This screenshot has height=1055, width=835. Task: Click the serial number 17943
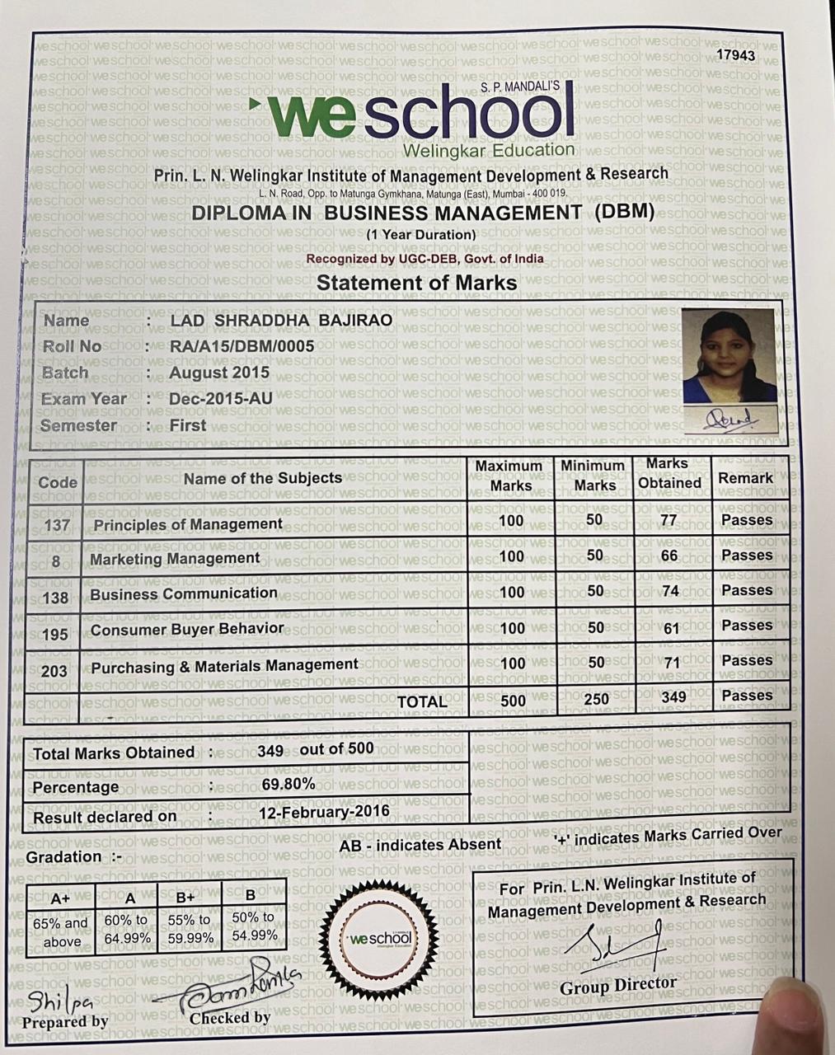(x=735, y=55)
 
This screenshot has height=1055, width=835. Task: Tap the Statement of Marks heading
(x=417, y=283)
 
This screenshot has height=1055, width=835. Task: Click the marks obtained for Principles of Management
(x=668, y=520)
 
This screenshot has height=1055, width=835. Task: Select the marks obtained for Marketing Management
(x=669, y=556)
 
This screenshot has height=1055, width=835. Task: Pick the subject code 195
(x=54, y=633)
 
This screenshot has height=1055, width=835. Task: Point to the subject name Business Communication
(x=184, y=593)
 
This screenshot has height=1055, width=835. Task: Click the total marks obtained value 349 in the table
(x=673, y=697)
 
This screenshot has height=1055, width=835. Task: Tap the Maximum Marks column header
(x=509, y=476)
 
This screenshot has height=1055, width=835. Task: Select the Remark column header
(x=745, y=478)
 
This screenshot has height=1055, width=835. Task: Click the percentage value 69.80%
(x=288, y=784)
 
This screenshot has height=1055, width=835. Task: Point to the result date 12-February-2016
(x=324, y=812)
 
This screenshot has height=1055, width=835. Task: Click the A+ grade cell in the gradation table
(x=60, y=898)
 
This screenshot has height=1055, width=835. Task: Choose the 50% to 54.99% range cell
(x=254, y=926)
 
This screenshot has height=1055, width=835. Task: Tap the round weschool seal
(x=380, y=939)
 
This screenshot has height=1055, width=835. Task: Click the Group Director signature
(x=622, y=946)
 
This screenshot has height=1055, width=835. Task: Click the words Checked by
(x=230, y=1018)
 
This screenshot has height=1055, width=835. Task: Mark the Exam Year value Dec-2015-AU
(x=221, y=399)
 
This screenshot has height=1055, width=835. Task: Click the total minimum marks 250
(x=595, y=699)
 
